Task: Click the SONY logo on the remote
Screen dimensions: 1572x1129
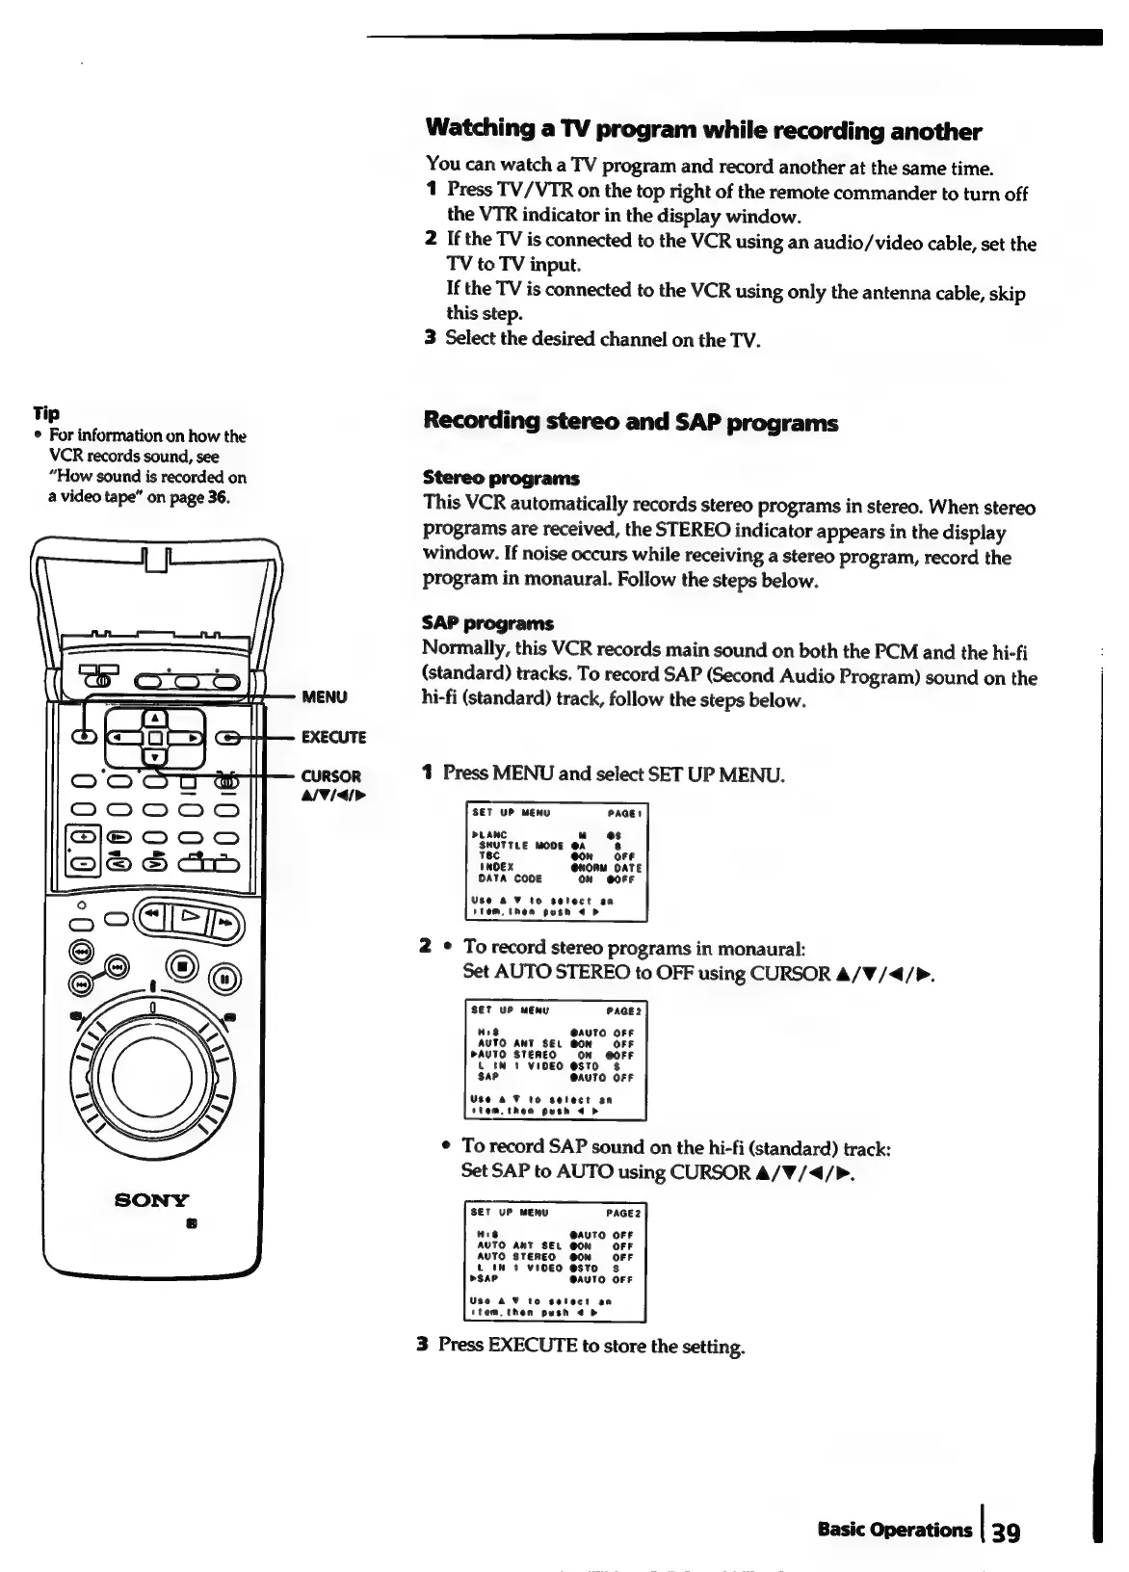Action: click(x=152, y=1199)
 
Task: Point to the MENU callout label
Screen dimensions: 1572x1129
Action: click(x=325, y=696)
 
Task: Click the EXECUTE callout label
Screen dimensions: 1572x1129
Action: click(x=333, y=738)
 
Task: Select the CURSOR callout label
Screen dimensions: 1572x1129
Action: click(x=331, y=776)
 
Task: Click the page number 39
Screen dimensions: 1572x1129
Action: click(x=1003, y=1532)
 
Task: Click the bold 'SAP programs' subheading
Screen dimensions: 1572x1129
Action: click(x=487, y=623)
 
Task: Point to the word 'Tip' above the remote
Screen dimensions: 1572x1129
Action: click(x=45, y=413)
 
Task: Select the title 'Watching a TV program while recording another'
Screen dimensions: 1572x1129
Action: click(x=702, y=130)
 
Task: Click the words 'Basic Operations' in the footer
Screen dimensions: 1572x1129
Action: click(x=894, y=1530)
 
